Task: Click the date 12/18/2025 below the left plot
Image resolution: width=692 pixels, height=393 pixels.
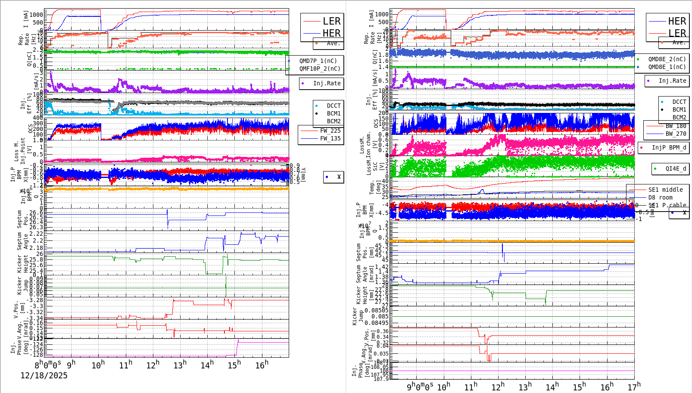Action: coord(44,375)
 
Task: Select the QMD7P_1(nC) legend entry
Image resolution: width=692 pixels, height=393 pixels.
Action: coord(318,61)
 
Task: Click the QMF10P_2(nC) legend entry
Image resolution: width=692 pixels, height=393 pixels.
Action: coord(319,69)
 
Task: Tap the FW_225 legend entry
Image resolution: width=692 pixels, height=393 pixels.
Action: coord(330,131)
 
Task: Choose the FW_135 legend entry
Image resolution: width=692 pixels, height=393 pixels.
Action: coord(330,138)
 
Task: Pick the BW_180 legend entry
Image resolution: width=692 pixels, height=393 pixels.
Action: coord(675,126)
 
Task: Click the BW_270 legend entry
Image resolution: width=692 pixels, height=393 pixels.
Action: coord(675,134)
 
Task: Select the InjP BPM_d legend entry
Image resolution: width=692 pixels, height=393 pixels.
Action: coord(668,147)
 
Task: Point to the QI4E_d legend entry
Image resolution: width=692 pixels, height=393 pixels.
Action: coord(675,168)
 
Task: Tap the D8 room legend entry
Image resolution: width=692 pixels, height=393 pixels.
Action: coord(660,197)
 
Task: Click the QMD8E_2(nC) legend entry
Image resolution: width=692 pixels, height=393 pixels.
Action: coord(667,59)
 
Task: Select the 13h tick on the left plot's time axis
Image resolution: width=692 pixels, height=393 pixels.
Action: coord(180,365)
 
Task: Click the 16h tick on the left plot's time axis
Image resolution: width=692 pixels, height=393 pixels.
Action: coord(262,365)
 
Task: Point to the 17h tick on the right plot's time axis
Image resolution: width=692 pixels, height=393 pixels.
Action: coord(634,387)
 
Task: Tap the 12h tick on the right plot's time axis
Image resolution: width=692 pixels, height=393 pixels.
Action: coord(498,387)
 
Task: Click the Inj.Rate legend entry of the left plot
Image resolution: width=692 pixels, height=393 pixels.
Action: coord(326,83)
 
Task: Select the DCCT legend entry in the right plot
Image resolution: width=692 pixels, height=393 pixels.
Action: coord(679,102)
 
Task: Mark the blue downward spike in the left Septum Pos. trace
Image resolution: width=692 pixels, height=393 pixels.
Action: coord(168,220)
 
